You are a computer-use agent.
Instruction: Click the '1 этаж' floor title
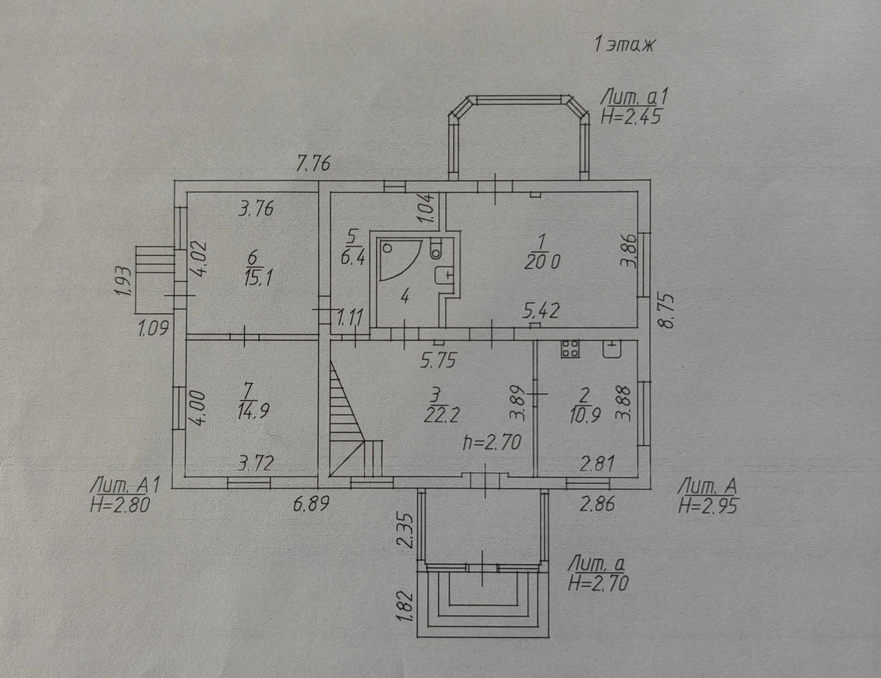(x=625, y=45)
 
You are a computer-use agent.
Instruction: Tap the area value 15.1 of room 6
(x=258, y=278)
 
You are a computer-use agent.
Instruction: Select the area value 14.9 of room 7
(x=253, y=411)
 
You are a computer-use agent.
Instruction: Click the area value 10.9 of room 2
(x=585, y=415)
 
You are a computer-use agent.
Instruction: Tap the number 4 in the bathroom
(x=404, y=297)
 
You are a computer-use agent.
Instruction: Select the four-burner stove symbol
(x=569, y=349)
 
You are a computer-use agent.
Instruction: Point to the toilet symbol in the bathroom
(x=435, y=248)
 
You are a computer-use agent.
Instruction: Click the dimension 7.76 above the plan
(x=313, y=163)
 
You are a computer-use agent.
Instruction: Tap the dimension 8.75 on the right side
(x=667, y=310)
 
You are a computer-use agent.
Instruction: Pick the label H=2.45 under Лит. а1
(x=631, y=117)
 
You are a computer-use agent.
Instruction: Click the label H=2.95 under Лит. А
(x=708, y=506)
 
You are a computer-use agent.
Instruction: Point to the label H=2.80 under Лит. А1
(x=120, y=505)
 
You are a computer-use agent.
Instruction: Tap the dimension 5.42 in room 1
(x=541, y=311)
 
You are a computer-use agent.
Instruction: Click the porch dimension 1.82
(x=405, y=606)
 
